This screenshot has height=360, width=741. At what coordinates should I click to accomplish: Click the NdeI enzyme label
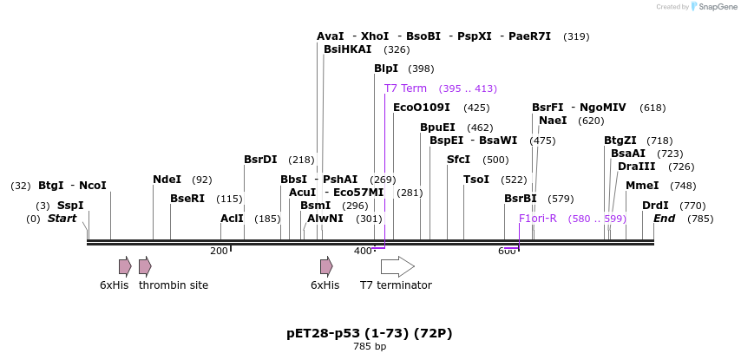coord(167,180)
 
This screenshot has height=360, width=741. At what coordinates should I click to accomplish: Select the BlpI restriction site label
coord(386,69)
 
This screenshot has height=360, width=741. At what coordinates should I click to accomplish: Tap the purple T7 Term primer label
coord(405,88)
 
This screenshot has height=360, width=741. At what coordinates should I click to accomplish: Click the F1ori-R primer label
coord(538,219)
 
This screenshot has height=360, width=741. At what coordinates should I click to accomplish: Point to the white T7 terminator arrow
coord(397,266)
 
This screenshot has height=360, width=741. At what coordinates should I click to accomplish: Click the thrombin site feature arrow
coord(145,266)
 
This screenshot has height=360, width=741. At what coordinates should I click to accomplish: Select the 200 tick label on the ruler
coord(219,251)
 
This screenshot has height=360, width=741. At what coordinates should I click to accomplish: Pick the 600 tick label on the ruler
coord(507,251)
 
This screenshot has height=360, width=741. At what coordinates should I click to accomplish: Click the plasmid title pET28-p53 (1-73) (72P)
coord(370,333)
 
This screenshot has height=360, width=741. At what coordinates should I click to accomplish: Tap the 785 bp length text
coord(370,347)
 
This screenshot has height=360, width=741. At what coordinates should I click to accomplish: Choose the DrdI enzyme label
coord(655,206)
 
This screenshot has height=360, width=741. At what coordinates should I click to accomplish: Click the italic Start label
coord(62,219)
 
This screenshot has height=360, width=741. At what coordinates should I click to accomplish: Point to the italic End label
coord(664,219)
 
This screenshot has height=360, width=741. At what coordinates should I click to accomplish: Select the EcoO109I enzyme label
coord(422,108)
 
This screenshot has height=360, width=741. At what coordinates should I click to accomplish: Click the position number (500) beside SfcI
coord(495,160)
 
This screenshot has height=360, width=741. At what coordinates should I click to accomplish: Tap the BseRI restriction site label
coord(187,199)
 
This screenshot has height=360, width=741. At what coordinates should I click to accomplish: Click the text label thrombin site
coord(174,285)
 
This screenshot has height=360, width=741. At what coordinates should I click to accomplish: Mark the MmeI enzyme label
coord(642,186)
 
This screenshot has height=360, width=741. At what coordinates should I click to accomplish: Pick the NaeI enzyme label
coord(553,121)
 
